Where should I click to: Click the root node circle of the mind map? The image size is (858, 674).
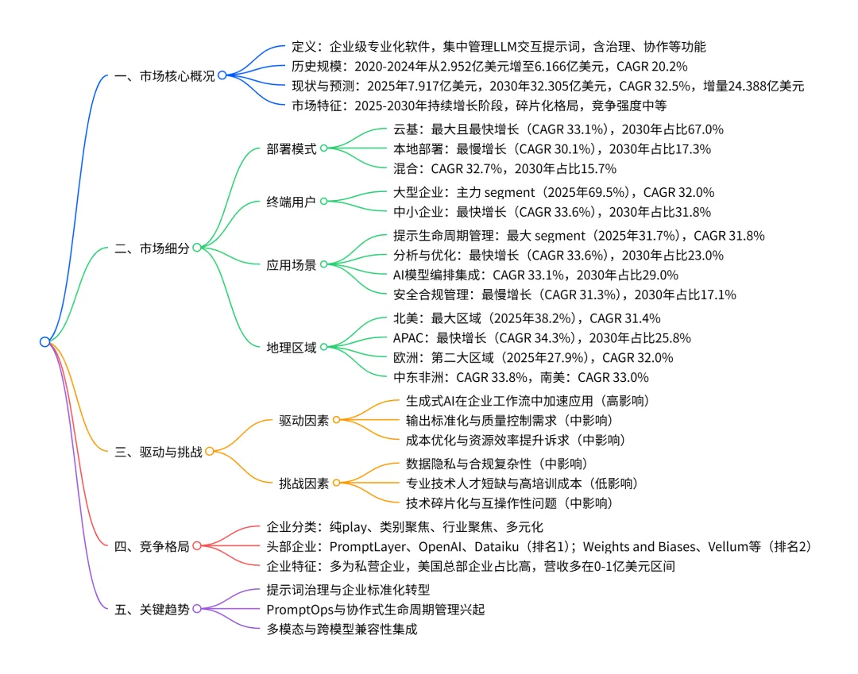pos(44,342)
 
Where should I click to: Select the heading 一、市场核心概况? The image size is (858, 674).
pos(164,76)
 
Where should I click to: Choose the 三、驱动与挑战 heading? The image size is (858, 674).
pos(158,452)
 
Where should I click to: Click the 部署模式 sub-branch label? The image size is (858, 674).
pos(291,148)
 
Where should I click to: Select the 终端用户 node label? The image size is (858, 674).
pos(291,202)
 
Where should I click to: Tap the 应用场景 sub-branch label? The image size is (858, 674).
pos(291,264)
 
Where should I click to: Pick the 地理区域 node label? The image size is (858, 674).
pos(291,347)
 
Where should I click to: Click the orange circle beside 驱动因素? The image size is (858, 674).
pos(336,420)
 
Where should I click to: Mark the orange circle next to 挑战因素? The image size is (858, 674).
pos(336,483)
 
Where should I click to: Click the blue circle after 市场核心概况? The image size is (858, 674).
pos(222,76)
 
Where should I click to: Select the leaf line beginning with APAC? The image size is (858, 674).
pos(542,337)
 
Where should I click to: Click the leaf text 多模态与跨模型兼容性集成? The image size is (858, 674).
pos(342,629)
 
